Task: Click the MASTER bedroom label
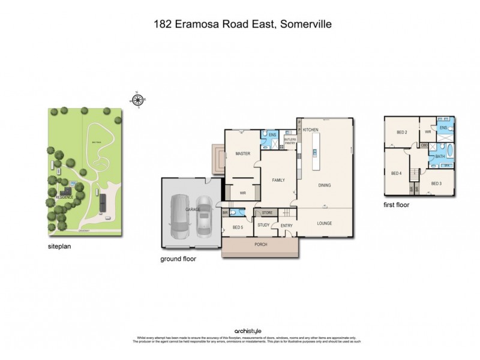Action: pyautogui.click(x=242, y=153)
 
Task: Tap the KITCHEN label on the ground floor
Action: pyautogui.click(x=310, y=130)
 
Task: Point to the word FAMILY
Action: pyautogui.click(x=278, y=180)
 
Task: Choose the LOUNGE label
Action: pyautogui.click(x=325, y=223)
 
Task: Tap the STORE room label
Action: pyautogui.click(x=267, y=212)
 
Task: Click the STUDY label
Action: pyautogui.click(x=263, y=225)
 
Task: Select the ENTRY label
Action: pyautogui.click(x=286, y=226)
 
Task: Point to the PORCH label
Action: pyautogui.click(x=260, y=245)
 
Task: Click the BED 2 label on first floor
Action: pyautogui.click(x=402, y=132)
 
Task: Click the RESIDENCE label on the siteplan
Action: pyautogui.click(x=64, y=196)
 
